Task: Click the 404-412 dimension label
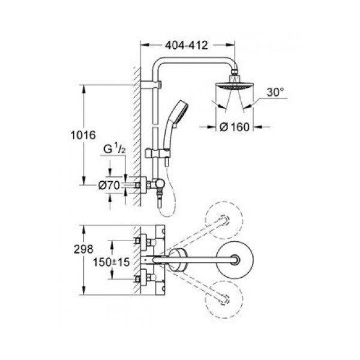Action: (x=186, y=45)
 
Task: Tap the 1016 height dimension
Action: (x=83, y=135)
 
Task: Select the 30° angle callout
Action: (x=275, y=92)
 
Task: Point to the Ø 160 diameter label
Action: (x=234, y=127)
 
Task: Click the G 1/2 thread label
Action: (x=115, y=149)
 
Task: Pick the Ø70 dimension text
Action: (x=109, y=185)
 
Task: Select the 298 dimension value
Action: (x=83, y=249)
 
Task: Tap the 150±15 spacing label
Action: (x=111, y=262)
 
